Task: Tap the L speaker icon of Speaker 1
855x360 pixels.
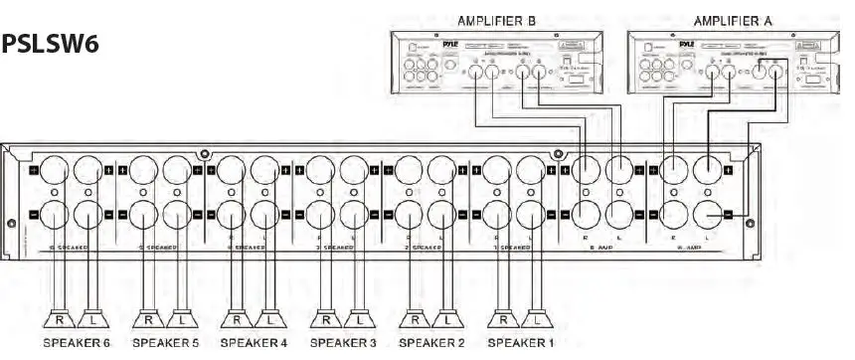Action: [539, 321]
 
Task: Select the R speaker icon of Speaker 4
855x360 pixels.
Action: [236, 321]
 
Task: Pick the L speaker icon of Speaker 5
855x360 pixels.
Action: [181, 321]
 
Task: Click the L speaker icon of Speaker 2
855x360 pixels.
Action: [448, 321]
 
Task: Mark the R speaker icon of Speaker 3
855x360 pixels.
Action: [325, 321]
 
